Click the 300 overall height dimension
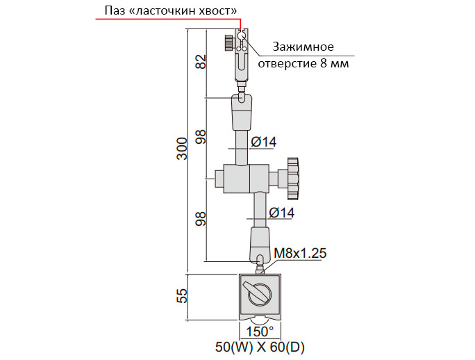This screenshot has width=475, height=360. [183, 149]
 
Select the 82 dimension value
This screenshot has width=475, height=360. [201, 62]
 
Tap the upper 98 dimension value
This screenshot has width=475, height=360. [201, 137]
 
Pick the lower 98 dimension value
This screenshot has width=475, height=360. [201, 219]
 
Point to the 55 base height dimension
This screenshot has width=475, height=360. [183, 295]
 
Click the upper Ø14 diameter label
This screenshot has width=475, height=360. [264, 142]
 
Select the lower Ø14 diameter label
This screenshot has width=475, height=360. [282, 213]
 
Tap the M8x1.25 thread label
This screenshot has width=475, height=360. [300, 253]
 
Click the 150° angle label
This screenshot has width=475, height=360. [260, 332]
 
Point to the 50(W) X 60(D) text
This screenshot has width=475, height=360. [260, 347]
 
